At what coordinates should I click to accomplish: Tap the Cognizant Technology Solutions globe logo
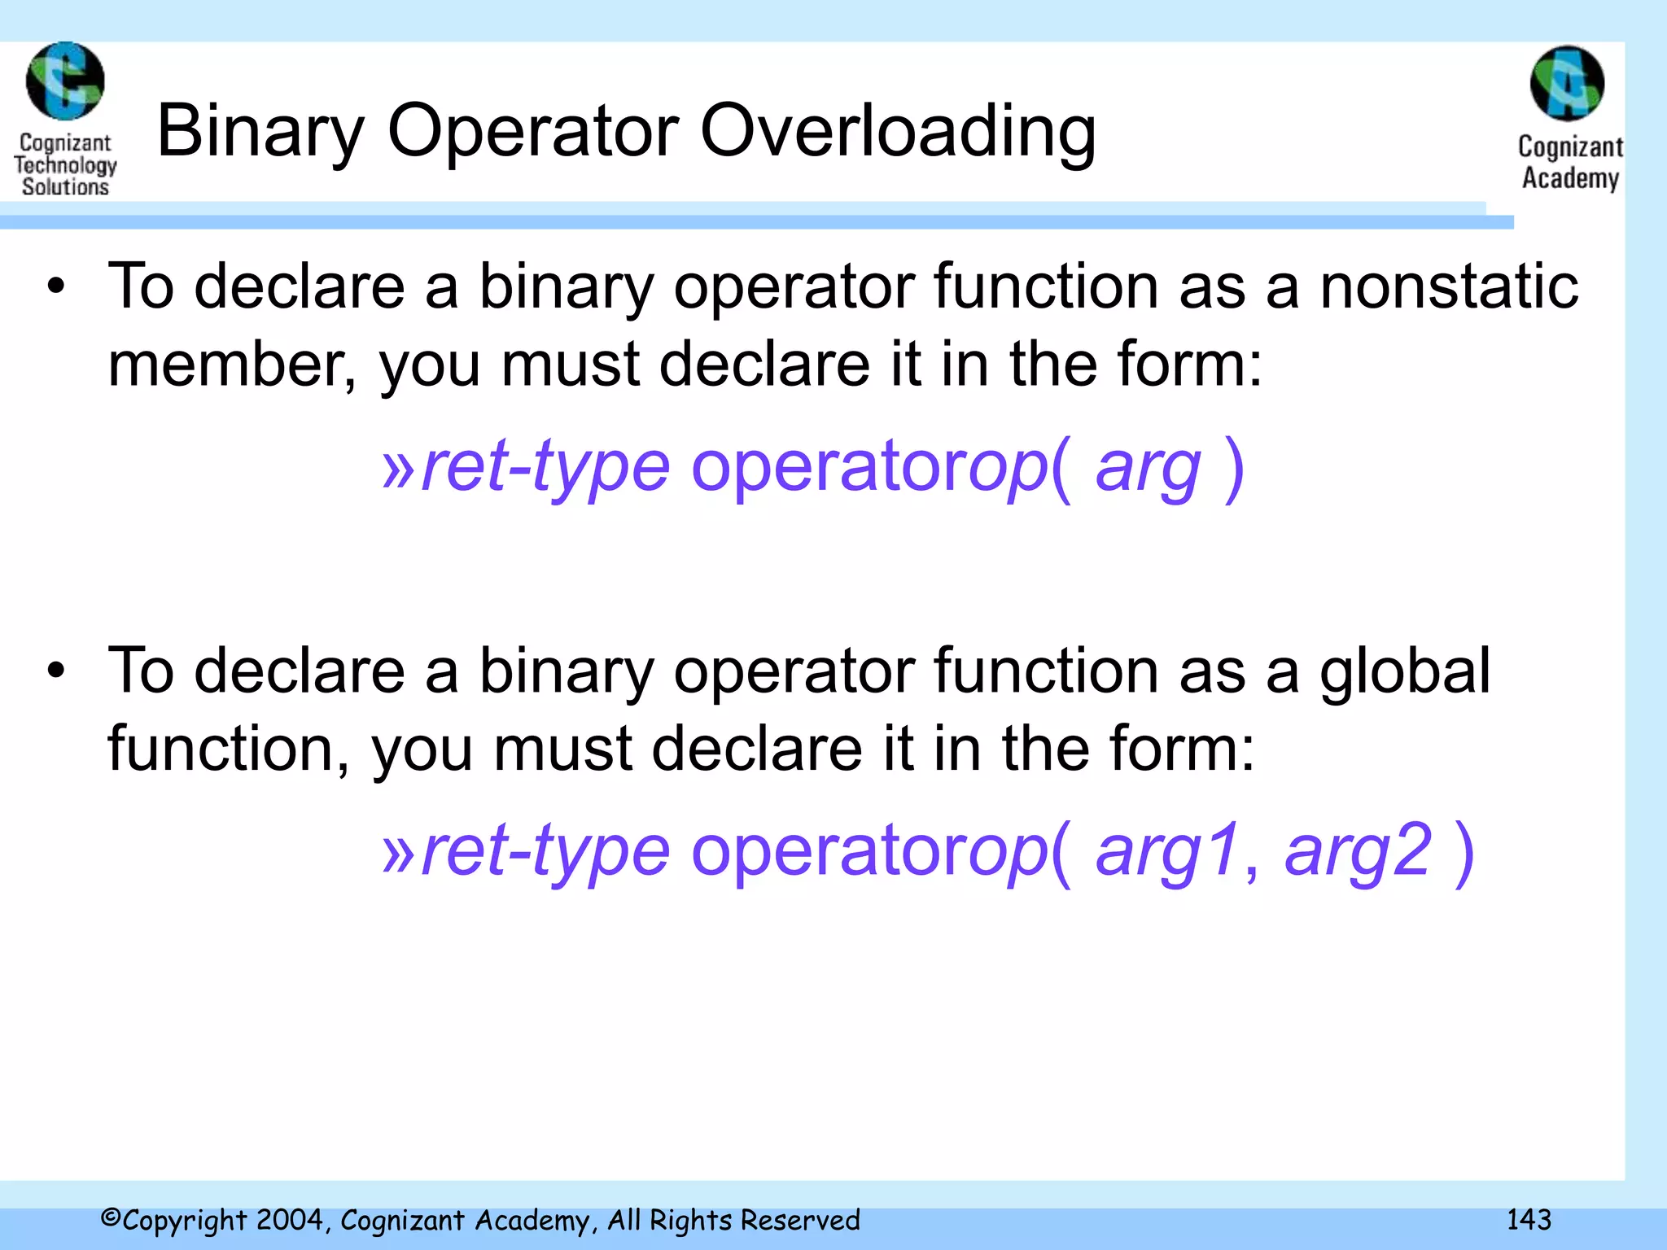pyautogui.click(x=65, y=81)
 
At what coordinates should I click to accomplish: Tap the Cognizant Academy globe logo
pyautogui.click(x=1567, y=83)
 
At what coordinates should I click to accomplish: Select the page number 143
pyautogui.click(x=1529, y=1219)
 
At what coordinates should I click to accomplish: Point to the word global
pyautogui.click(x=1405, y=671)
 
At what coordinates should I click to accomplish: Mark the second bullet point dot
pyautogui.click(x=55, y=671)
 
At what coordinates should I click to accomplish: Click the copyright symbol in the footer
pyautogui.click(x=111, y=1218)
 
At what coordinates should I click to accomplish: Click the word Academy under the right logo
pyautogui.click(x=1570, y=177)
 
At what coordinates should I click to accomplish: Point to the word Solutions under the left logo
pyautogui.click(x=65, y=186)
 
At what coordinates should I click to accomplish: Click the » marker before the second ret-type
pyautogui.click(x=400, y=852)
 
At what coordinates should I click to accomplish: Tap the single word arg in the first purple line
pyautogui.click(x=1148, y=468)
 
